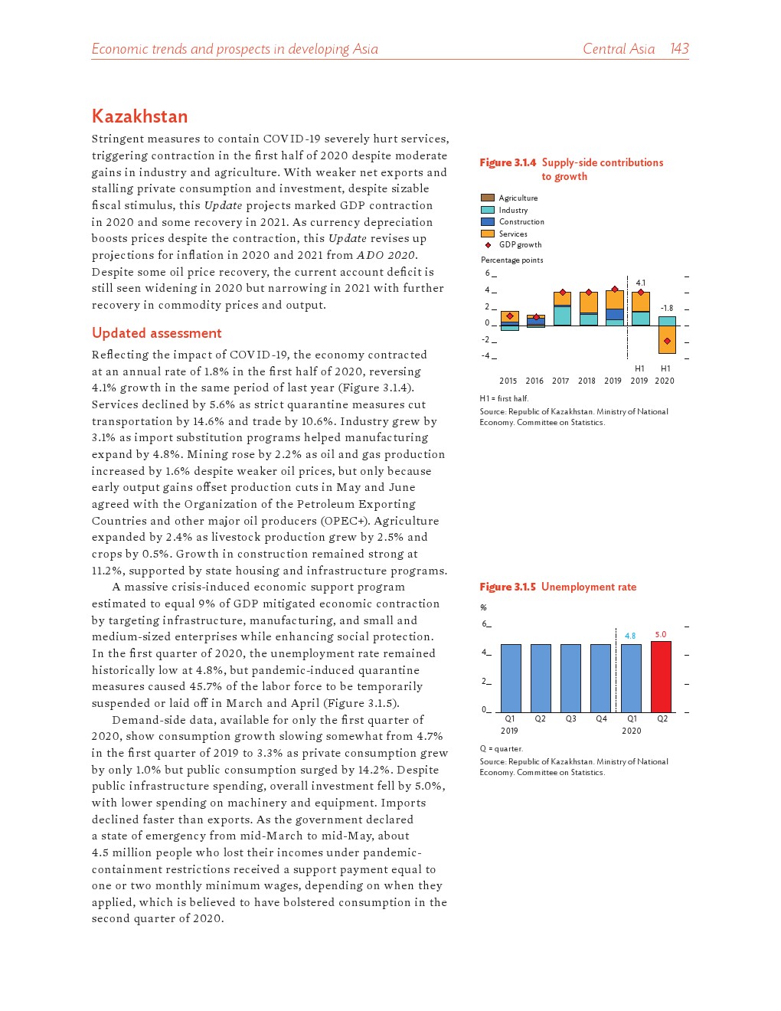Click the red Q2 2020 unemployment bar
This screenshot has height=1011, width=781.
661,677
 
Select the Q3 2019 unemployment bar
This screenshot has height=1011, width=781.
570,679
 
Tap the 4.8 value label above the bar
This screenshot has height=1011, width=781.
630,636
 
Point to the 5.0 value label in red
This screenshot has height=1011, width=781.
661,634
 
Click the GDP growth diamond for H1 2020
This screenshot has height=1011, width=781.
667,341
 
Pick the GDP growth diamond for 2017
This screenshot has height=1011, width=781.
563,293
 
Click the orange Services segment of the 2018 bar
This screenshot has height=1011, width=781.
589,303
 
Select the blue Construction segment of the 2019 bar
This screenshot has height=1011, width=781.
614,314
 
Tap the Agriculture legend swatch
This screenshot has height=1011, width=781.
488,198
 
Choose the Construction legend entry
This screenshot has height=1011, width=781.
521,221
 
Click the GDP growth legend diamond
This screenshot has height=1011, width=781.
488,245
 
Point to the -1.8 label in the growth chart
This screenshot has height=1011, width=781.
667,308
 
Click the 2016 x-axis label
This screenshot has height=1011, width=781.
534,381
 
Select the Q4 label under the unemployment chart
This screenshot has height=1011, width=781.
601,718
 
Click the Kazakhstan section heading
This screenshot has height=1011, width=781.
139,116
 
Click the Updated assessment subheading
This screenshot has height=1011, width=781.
156,333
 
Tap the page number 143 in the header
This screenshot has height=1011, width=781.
679,49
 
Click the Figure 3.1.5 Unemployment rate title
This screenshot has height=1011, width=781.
558,587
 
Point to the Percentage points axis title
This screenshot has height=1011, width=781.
512,260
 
